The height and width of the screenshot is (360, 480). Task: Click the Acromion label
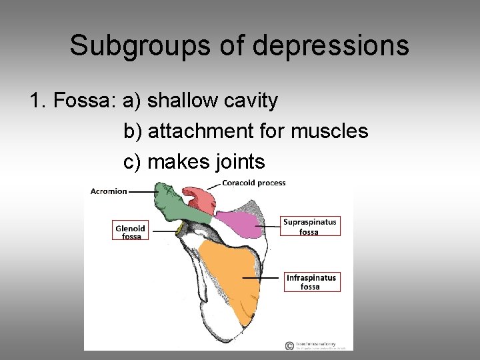pyautogui.click(x=108, y=191)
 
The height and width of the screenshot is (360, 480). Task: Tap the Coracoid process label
pyautogui.click(x=253, y=183)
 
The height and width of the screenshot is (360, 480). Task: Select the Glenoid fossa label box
pyautogui.click(x=131, y=231)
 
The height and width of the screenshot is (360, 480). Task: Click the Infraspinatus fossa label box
pyautogui.click(x=311, y=282)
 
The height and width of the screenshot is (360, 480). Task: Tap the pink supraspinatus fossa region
pyautogui.click(x=239, y=224)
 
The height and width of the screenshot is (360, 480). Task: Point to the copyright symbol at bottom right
pyautogui.click(x=289, y=345)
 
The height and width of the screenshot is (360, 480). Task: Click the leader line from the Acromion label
pyautogui.click(x=141, y=192)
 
